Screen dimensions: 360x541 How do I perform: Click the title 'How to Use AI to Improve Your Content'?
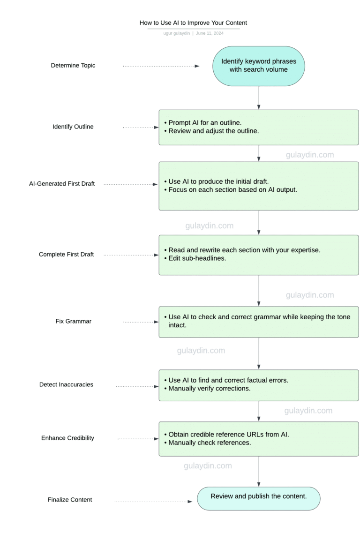(193, 23)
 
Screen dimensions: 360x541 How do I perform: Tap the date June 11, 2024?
(210, 33)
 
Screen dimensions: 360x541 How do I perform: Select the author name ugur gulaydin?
(177, 33)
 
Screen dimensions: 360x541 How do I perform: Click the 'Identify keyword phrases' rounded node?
(259, 66)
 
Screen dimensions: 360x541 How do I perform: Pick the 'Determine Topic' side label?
(73, 66)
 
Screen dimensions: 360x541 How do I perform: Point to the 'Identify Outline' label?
(73, 127)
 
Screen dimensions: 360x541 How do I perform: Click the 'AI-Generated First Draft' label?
(62, 184)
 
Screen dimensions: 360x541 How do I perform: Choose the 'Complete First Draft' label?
(66, 254)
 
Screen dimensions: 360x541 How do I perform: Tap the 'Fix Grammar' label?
(74, 321)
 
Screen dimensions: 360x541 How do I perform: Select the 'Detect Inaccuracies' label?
(66, 384)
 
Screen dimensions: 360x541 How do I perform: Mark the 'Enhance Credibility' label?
(67, 438)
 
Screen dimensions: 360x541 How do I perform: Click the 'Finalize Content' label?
(70, 500)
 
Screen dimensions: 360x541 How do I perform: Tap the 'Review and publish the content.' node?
(259, 498)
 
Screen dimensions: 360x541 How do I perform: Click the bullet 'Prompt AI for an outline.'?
(203, 123)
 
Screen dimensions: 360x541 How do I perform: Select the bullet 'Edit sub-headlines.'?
(195, 258)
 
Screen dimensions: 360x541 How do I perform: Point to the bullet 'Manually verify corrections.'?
(208, 389)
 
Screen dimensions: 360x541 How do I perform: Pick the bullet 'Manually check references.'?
(208, 443)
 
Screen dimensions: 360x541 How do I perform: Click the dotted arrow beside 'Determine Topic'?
(161, 66)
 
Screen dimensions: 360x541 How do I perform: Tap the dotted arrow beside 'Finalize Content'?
(153, 501)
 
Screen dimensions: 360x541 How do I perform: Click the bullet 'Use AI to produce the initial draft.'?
(217, 181)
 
